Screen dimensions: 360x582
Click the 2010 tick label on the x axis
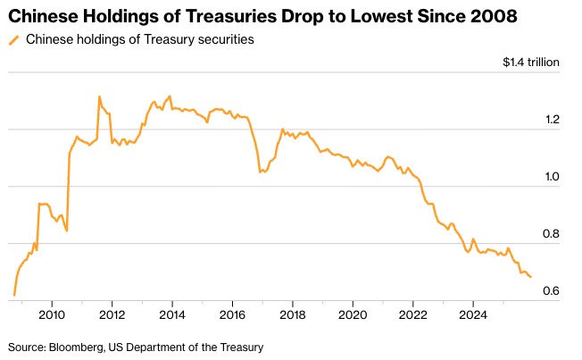pyautogui.click(x=52, y=314)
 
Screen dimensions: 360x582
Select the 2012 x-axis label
pyautogui.click(x=112, y=314)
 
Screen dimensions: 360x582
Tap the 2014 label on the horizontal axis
pyautogui.click(x=172, y=314)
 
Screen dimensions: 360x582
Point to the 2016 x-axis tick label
pyautogui.click(x=232, y=314)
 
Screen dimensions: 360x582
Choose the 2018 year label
pyautogui.click(x=293, y=314)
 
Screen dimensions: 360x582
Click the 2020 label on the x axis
pyautogui.click(x=353, y=314)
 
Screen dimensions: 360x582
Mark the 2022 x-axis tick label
pyautogui.click(x=413, y=314)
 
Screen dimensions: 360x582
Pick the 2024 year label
pyautogui.click(x=473, y=314)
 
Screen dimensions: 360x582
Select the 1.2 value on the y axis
pyautogui.click(x=552, y=120)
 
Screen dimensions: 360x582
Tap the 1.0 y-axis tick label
pyautogui.click(x=552, y=177)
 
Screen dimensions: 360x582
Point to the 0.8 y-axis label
pyautogui.click(x=552, y=234)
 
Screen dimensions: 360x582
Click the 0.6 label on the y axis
pyautogui.click(x=552, y=291)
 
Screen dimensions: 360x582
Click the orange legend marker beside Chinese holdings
pyautogui.click(x=13, y=40)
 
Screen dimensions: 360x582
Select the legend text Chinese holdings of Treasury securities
pyautogui.click(x=139, y=40)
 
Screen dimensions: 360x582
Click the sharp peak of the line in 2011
pyautogui.click(x=99, y=96)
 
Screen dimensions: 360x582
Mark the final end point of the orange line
pyautogui.click(x=531, y=277)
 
